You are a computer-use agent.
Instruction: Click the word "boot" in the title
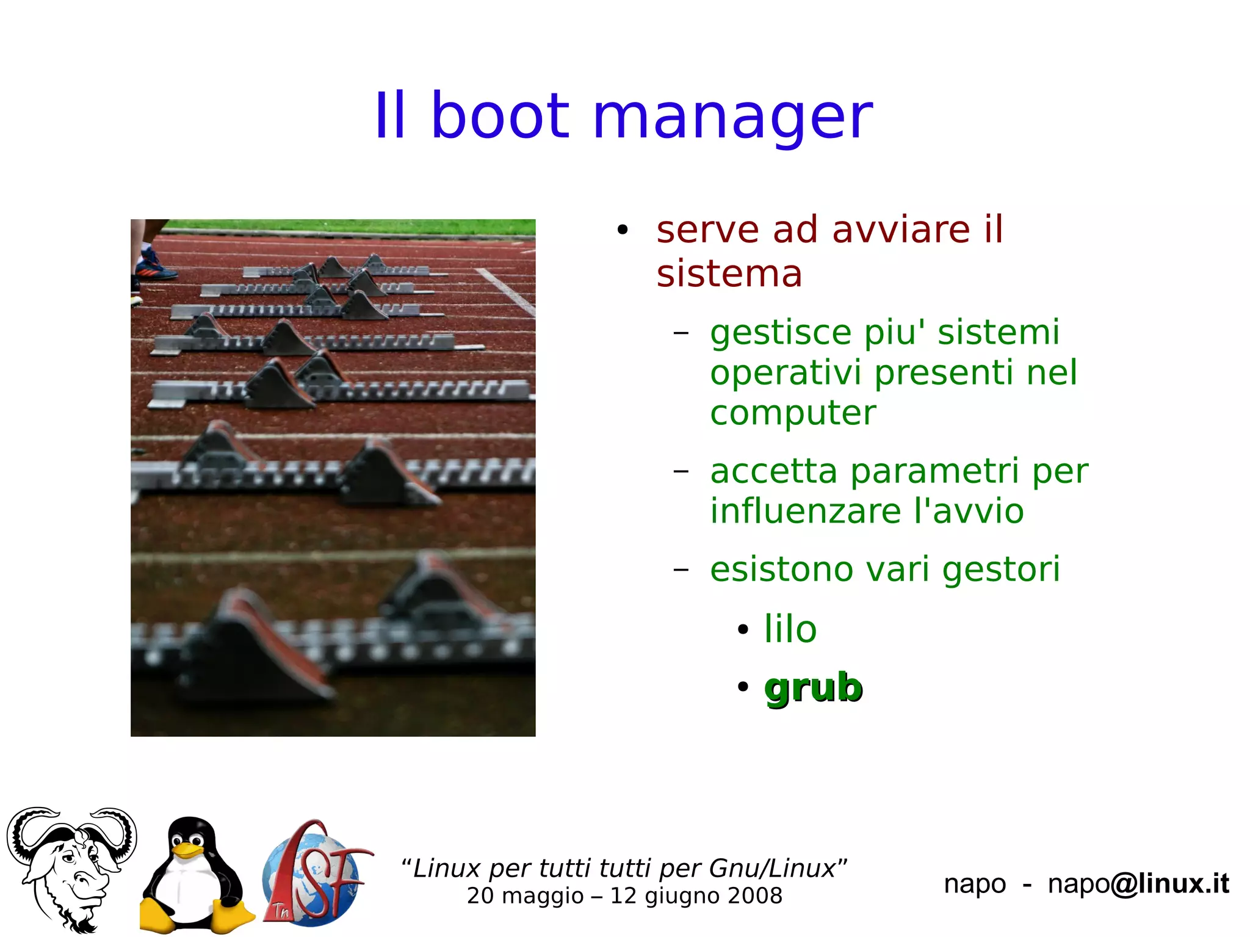pos(500,116)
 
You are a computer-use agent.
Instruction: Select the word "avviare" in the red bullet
pos(900,230)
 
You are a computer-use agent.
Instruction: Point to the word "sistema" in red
pos(729,273)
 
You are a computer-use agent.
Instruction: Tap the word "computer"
pos(793,414)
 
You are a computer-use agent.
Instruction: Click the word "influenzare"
pos(805,511)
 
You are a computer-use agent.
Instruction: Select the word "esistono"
pos(781,570)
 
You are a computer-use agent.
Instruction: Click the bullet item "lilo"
pos(790,629)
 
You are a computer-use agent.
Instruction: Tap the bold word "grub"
pos(813,689)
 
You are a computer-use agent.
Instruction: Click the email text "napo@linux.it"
pos(1138,884)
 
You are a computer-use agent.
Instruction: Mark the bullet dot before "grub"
pos(743,687)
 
